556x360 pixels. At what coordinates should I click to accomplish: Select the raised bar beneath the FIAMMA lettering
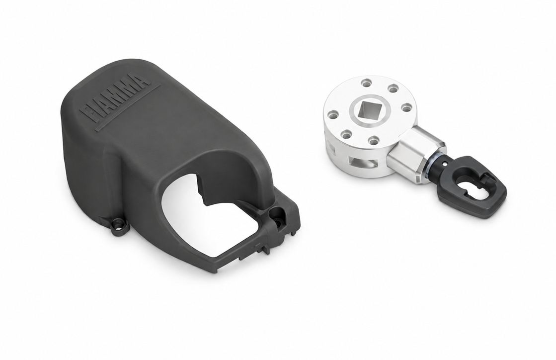tap(128, 105)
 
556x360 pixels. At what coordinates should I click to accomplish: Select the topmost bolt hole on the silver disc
tap(366, 84)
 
